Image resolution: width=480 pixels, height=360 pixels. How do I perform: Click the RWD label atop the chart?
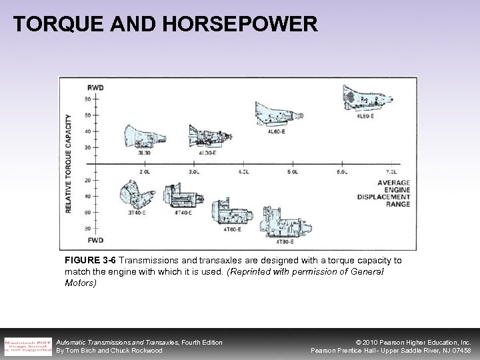(x=95, y=87)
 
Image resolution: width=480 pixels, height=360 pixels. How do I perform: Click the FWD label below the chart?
(x=95, y=239)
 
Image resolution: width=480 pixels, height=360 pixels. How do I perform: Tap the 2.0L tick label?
(x=145, y=172)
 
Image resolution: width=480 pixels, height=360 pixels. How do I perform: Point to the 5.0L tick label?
(x=293, y=172)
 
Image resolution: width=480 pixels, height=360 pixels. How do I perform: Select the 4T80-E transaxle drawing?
(x=284, y=220)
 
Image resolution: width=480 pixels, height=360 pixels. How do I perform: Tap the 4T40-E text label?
(x=183, y=213)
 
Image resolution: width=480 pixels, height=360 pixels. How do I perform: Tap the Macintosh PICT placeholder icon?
(x=27, y=345)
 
